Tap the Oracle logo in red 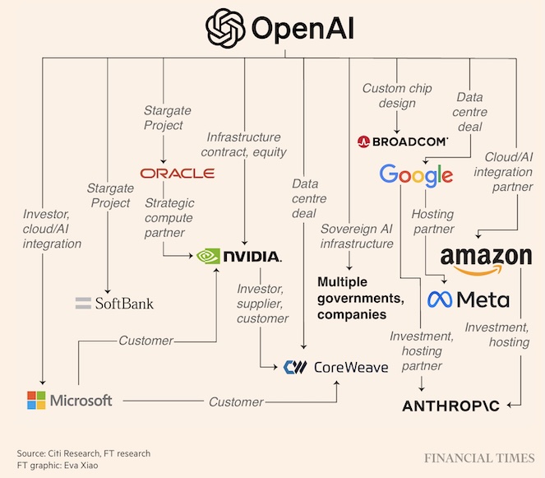(x=177, y=173)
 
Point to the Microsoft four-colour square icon (x=36, y=401)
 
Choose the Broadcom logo (x=403, y=142)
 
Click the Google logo (x=416, y=174)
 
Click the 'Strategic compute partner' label (x=169, y=218)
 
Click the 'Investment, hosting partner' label (x=421, y=350)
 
